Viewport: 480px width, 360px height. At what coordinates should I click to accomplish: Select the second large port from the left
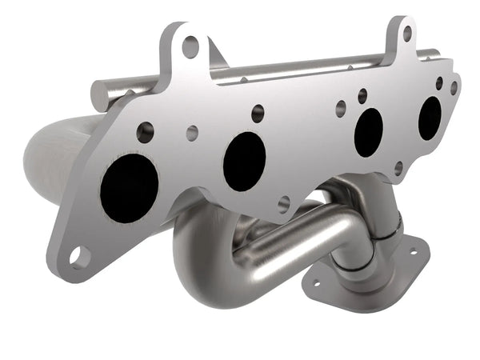[x=244, y=161]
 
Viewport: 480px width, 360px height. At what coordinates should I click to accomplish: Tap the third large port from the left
[x=368, y=132]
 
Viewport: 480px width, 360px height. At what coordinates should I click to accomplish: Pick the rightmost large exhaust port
[x=430, y=118]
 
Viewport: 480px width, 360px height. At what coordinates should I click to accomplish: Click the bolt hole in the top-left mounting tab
[x=190, y=46]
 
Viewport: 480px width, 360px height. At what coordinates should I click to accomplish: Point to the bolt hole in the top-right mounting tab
[x=406, y=34]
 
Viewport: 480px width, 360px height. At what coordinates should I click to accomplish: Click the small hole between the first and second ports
[x=192, y=133]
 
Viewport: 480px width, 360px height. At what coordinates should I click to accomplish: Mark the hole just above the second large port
[x=258, y=114]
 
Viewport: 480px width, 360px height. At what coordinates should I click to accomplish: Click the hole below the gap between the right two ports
[x=398, y=168]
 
